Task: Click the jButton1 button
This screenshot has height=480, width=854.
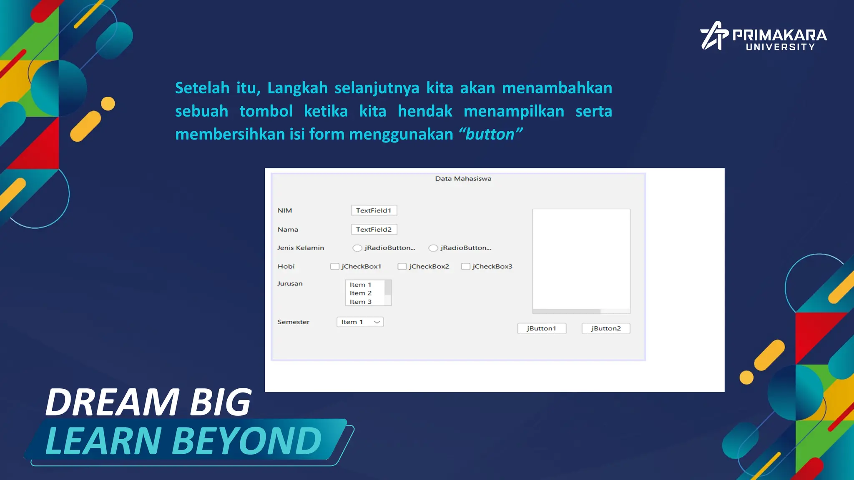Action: tap(542, 328)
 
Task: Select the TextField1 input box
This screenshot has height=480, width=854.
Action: tap(374, 210)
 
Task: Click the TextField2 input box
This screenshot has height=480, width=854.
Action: tap(374, 230)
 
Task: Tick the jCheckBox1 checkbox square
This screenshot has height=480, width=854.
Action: tap(334, 266)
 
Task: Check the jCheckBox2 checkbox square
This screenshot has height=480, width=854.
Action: tap(402, 266)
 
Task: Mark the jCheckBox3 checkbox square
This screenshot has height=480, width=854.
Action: tap(465, 266)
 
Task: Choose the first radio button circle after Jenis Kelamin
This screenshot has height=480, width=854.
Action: tap(357, 248)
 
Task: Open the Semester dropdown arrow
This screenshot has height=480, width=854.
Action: tap(377, 322)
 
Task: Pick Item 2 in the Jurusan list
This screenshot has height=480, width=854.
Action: tap(361, 293)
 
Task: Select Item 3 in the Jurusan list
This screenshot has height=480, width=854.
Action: tap(361, 302)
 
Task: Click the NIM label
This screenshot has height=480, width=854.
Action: tap(285, 210)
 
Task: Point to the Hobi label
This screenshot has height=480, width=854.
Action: tap(286, 266)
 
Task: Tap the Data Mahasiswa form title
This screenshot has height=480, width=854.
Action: tap(463, 179)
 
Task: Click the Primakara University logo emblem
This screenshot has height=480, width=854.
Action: tap(714, 36)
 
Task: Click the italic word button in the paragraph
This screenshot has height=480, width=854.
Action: tap(490, 135)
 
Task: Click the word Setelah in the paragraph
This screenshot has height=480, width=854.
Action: tap(202, 88)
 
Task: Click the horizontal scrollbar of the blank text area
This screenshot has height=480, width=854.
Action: tap(566, 311)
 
